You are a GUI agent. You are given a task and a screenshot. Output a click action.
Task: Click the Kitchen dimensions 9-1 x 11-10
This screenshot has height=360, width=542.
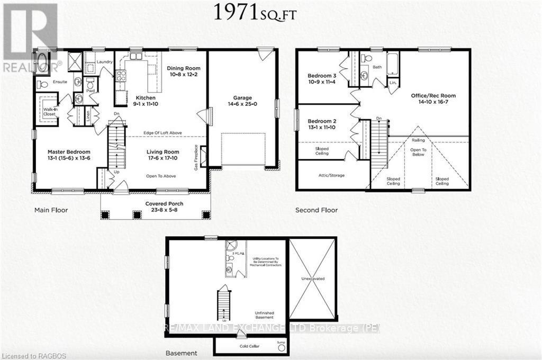coord(146,105)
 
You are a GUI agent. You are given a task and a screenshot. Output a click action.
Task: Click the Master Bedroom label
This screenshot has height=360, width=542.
coord(69,151)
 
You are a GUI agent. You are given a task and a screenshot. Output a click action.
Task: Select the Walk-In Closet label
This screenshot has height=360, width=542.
coord(50,112)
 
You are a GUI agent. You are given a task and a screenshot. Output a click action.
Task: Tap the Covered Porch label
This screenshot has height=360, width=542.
coord(155,203)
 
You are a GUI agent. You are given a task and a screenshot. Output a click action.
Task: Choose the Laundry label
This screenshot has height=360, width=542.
coord(105,62)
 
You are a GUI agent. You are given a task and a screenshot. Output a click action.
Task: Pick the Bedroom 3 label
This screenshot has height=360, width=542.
coord(322,76)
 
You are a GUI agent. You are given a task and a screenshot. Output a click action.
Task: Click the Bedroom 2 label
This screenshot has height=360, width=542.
coord(322,121)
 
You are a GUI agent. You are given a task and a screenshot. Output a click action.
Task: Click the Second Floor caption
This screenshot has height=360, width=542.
coord(316,210)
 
